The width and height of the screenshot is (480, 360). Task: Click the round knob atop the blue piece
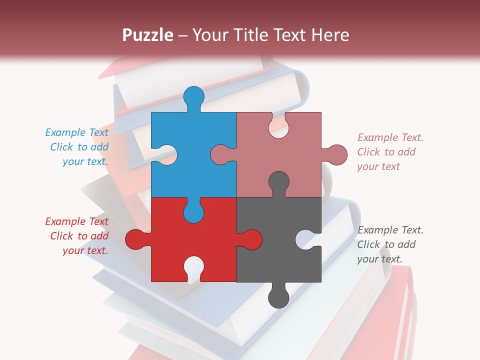194,96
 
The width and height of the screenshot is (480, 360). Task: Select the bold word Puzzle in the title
148,35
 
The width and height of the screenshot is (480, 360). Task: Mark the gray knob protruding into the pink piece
278,182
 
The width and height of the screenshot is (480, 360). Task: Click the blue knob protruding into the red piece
194,212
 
